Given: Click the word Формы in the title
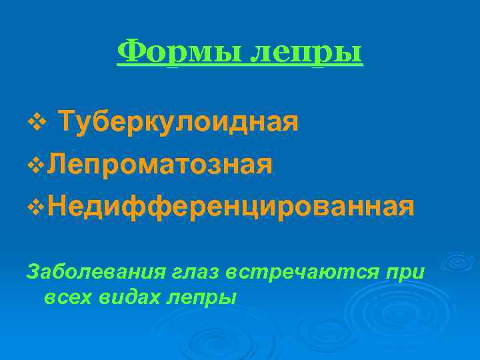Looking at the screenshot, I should click(178, 51).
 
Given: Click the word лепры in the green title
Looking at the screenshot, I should click(306, 53).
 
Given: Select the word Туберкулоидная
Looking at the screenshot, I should click(178, 123).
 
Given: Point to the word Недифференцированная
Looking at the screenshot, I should click(231, 206).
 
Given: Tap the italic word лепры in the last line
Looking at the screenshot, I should click(202, 298).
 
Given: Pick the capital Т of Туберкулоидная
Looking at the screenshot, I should click(66, 123).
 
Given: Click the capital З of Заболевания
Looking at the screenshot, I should click(31, 271).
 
